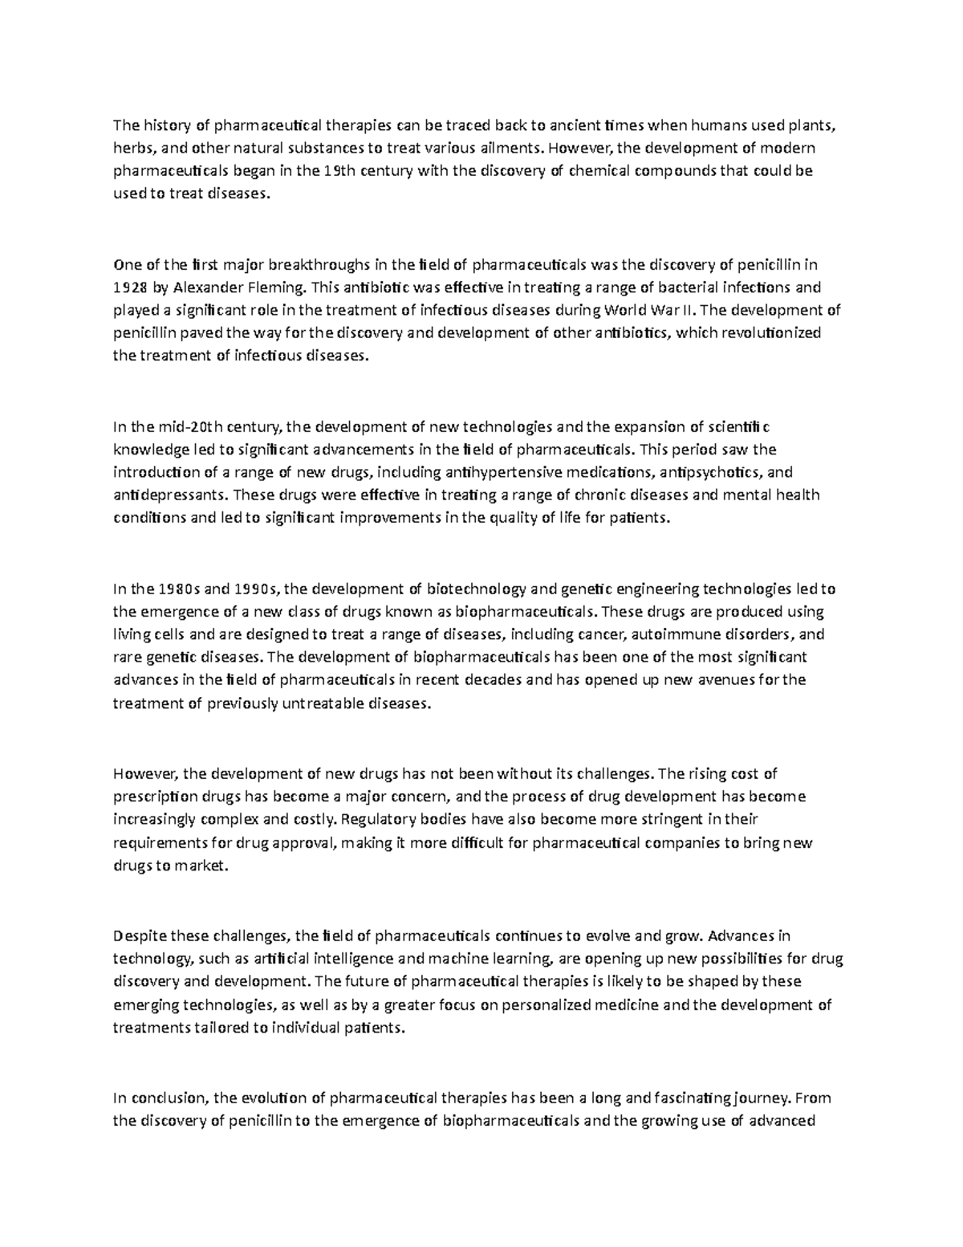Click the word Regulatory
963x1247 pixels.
click(380, 820)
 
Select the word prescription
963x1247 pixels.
click(154, 797)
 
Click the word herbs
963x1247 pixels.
click(131, 149)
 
